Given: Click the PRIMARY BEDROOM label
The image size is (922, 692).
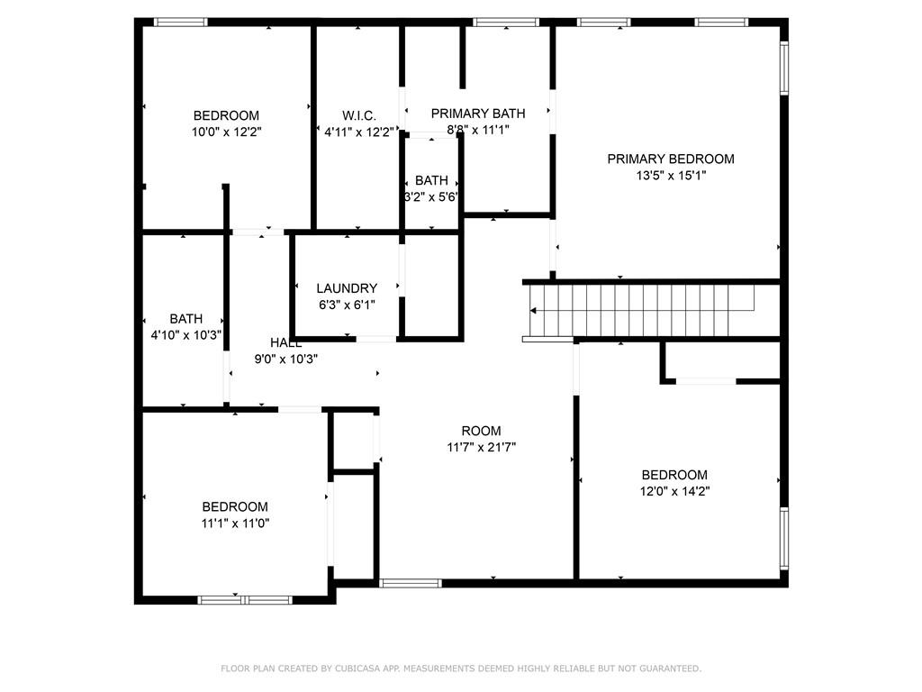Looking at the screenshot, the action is [x=670, y=159].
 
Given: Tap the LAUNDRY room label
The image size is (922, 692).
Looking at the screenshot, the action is [x=347, y=288].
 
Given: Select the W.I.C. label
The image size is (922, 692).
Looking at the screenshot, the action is [x=358, y=115].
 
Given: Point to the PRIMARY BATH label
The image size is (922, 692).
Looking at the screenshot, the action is [x=478, y=114].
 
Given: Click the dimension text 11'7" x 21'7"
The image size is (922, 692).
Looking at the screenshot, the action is [x=481, y=447].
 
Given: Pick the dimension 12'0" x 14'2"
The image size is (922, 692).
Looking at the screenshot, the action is [x=674, y=491].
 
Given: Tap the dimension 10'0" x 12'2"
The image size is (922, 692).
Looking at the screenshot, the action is [x=226, y=132].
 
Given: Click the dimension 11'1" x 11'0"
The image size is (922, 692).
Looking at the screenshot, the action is [x=235, y=524].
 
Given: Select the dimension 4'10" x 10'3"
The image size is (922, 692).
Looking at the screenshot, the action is [x=185, y=335].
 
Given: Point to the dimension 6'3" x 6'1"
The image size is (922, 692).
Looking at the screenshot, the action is [x=347, y=305].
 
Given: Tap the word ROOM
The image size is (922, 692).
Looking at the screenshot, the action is [x=481, y=431].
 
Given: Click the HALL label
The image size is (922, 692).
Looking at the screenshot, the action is [x=285, y=343].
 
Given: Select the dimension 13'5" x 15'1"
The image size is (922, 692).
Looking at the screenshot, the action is [x=671, y=176].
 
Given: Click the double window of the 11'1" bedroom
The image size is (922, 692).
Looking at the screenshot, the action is [x=245, y=600].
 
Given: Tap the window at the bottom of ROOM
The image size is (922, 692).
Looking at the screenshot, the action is [x=411, y=583].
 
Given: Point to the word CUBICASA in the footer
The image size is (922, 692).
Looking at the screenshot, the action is [x=357, y=669].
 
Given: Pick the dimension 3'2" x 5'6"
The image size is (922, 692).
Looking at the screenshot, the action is [x=431, y=197].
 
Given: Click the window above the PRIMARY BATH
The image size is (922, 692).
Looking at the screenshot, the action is [x=506, y=23].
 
